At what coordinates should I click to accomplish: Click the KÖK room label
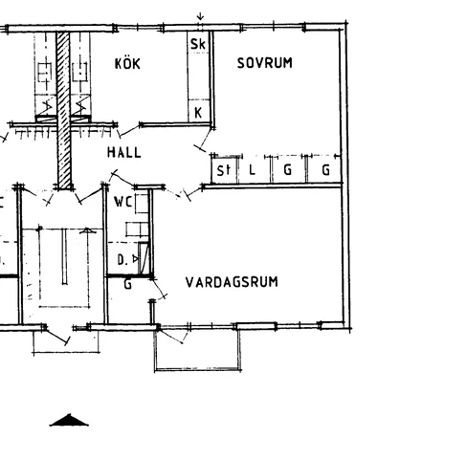127,63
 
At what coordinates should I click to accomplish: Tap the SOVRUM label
265,63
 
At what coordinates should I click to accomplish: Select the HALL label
124,152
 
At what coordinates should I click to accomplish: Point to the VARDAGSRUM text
232,282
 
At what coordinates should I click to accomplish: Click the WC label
122,202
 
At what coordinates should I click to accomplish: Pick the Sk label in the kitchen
198,44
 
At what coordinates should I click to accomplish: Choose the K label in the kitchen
198,113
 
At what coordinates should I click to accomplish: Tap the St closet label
223,170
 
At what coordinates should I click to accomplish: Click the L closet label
252,169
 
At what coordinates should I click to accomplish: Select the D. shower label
122,260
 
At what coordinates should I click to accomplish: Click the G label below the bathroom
127,284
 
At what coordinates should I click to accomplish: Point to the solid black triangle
69,420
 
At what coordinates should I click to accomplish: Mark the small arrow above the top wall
200,16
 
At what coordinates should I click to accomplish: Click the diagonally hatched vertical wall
64,109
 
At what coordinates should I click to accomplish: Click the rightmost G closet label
325,169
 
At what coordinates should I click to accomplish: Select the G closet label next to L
288,169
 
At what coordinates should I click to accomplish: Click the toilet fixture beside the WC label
142,204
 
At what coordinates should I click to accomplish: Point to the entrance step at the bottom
66,341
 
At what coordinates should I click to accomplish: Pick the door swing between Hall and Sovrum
204,141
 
